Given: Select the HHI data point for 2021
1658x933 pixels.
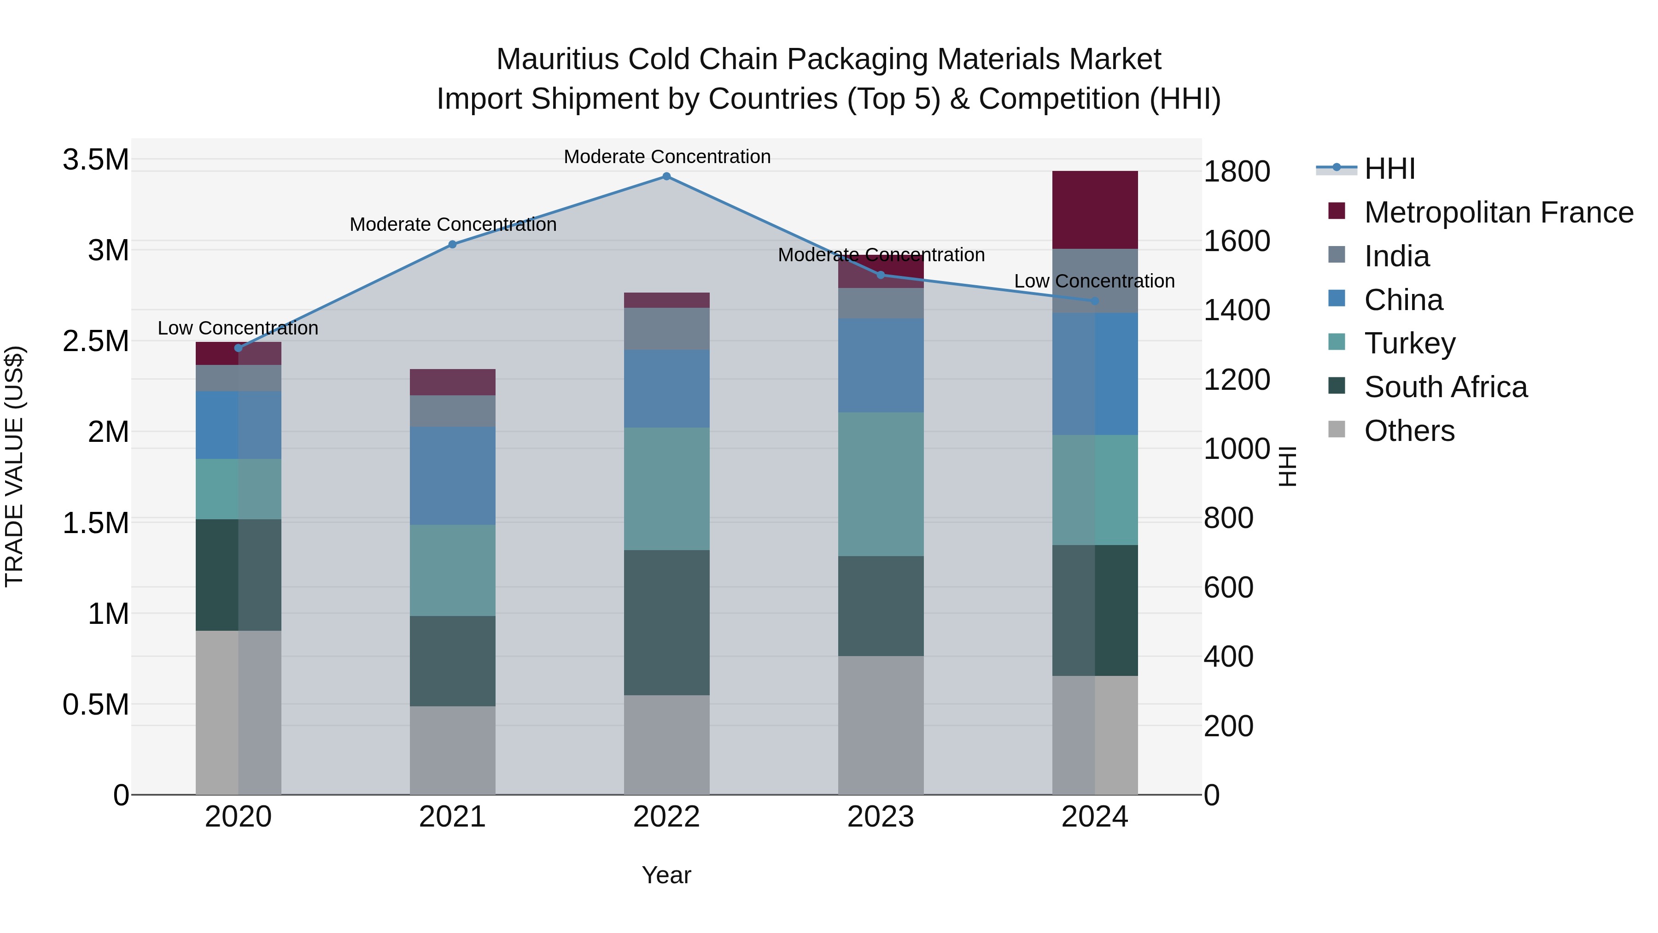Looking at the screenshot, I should click(452, 244).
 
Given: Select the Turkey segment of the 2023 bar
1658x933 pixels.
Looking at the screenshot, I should click(881, 484).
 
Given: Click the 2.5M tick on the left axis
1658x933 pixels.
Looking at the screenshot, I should click(95, 341).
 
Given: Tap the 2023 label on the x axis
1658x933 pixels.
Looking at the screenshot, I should click(881, 817).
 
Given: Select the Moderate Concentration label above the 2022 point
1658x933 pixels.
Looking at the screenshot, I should click(667, 157).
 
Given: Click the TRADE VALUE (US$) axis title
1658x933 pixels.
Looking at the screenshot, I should click(14, 466).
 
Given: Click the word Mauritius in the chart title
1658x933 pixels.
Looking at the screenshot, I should click(557, 59).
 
